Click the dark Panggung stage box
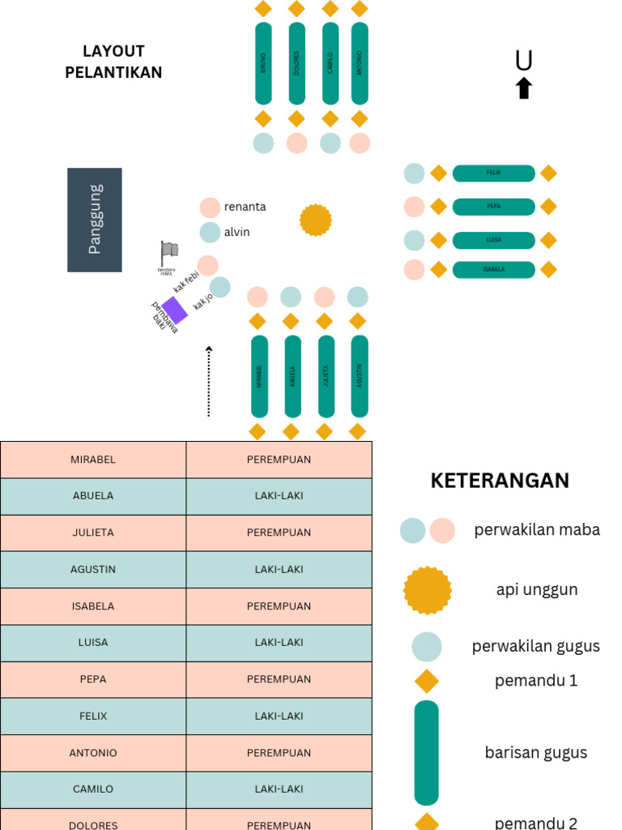(x=95, y=220)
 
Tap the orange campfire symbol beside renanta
(x=316, y=220)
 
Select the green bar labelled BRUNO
(x=263, y=63)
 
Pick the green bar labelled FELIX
(x=493, y=173)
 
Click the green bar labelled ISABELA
(x=493, y=269)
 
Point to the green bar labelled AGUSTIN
(x=360, y=376)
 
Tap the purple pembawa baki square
(x=174, y=310)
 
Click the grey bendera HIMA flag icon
(x=168, y=252)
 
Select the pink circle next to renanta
(x=210, y=207)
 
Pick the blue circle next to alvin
(x=210, y=233)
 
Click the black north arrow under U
(x=524, y=88)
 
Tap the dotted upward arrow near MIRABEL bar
(x=209, y=381)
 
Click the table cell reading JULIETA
(x=93, y=533)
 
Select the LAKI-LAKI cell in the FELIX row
(x=279, y=717)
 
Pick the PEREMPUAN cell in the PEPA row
(x=279, y=679)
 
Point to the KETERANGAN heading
(x=500, y=481)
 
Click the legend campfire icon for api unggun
(x=427, y=590)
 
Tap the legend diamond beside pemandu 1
(x=427, y=680)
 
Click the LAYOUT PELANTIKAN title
(x=113, y=62)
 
